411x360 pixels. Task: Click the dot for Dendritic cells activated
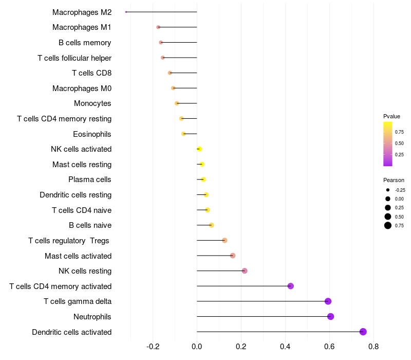363,332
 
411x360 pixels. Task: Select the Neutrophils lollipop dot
330,316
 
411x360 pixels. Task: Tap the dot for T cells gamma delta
328,301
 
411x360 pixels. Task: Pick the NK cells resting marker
245,271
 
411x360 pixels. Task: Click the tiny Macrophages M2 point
126,12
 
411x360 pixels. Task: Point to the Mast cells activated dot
233,256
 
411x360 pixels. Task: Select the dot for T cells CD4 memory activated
290,286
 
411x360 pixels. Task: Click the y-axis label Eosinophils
92,134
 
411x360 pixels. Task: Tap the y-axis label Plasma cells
90,179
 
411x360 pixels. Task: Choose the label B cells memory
85,43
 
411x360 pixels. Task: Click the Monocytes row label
92,103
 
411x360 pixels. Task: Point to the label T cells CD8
91,73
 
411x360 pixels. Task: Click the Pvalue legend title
391,116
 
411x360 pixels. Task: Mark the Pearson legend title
394,180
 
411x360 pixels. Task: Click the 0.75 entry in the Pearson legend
399,225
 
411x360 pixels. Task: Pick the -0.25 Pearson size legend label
400,190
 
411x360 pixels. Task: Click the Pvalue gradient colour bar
388,144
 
